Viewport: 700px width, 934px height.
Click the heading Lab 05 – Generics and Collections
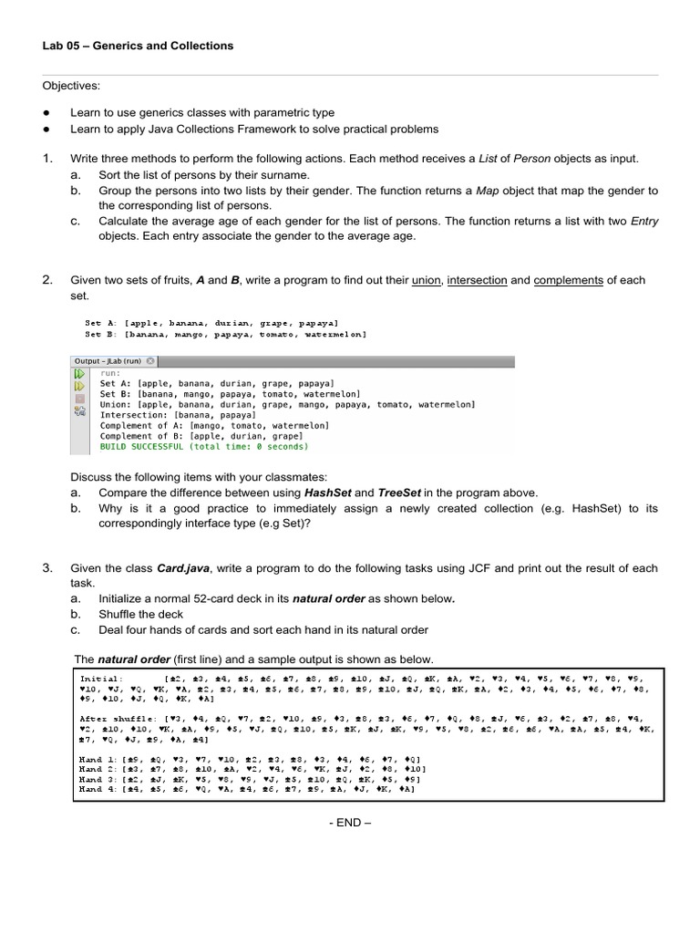click(x=138, y=46)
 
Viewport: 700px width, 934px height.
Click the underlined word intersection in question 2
click(x=477, y=280)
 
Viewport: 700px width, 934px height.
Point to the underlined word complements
click(x=568, y=280)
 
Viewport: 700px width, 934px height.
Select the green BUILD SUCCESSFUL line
click(x=204, y=447)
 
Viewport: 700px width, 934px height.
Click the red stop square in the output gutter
click(x=79, y=400)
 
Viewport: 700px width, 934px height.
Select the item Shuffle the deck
click(x=140, y=614)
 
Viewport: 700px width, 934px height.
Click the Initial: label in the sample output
click(x=101, y=680)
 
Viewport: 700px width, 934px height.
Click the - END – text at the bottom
click(x=349, y=822)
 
